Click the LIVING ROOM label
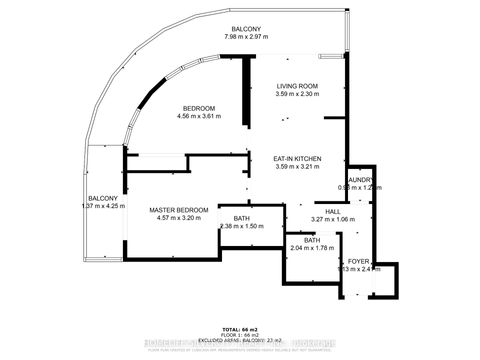tap(297, 86)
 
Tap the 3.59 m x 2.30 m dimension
tap(297, 95)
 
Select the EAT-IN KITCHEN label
tap(297, 158)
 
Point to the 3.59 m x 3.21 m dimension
tap(297, 167)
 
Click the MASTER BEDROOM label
tap(179, 210)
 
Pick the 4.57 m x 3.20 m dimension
tap(179, 219)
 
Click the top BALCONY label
tap(246, 29)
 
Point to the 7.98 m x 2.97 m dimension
tap(246, 38)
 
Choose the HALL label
tap(332, 211)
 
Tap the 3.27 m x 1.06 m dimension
tap(332, 219)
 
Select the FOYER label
tap(359, 261)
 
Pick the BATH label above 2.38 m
tap(241, 218)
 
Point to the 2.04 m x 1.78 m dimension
tap(311, 248)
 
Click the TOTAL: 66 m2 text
tap(240, 328)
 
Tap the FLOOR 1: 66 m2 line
tap(240, 334)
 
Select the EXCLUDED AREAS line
tap(240, 340)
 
